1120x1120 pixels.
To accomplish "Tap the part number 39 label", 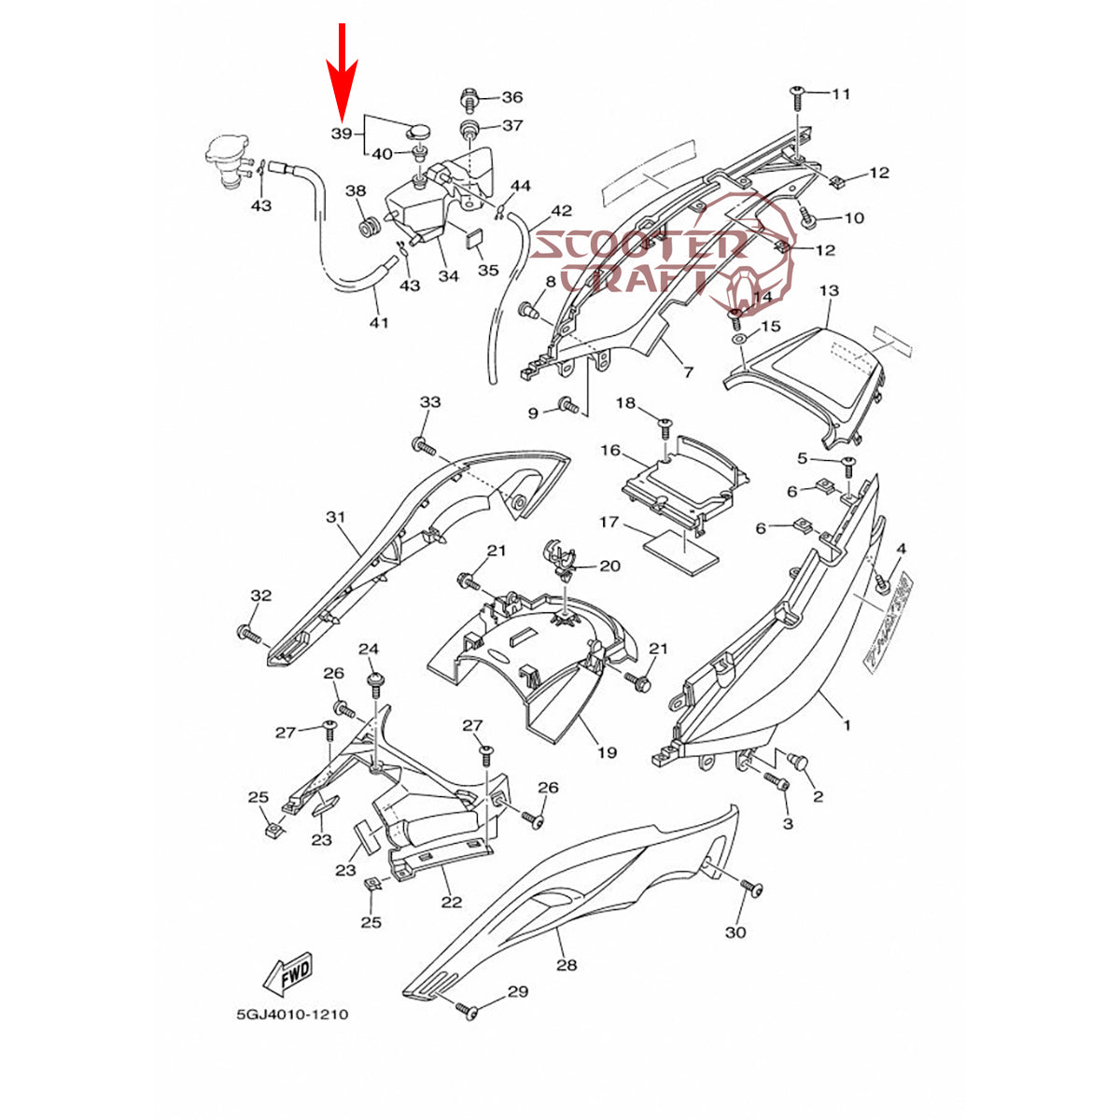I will point(343,134).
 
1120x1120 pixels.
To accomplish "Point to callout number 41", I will point(378,323).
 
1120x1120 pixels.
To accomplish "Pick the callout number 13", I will point(829,291).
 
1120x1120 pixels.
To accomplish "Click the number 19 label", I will point(607,751).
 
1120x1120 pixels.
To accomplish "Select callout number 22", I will point(452,902).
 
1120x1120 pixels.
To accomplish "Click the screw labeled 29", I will point(468,1009).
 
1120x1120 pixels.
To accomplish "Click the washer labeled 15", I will point(738,336).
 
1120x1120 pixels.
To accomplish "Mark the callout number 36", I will point(512,97).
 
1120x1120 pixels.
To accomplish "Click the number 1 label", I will point(847,724).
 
